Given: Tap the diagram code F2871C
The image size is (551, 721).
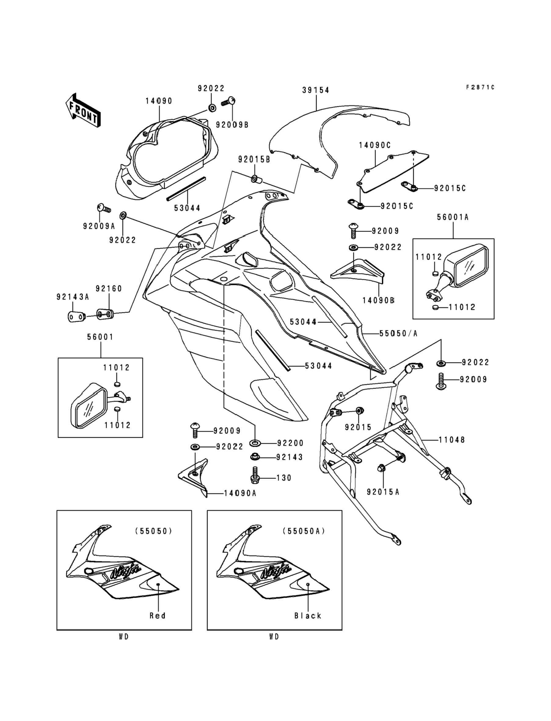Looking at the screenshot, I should [480, 88].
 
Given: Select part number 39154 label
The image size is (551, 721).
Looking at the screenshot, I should [316, 90].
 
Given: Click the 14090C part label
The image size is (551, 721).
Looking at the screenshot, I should [374, 145].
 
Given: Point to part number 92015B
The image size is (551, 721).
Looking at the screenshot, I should [254, 160].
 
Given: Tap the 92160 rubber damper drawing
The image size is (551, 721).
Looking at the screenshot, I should [105, 314].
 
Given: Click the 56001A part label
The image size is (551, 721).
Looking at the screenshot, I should [453, 217].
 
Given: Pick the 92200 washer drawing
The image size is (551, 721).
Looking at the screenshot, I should [255, 443].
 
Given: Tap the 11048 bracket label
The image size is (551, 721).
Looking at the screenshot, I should [452, 440].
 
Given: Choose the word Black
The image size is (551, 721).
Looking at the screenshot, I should [308, 616].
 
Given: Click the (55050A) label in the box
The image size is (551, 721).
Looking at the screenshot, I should [304, 531].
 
